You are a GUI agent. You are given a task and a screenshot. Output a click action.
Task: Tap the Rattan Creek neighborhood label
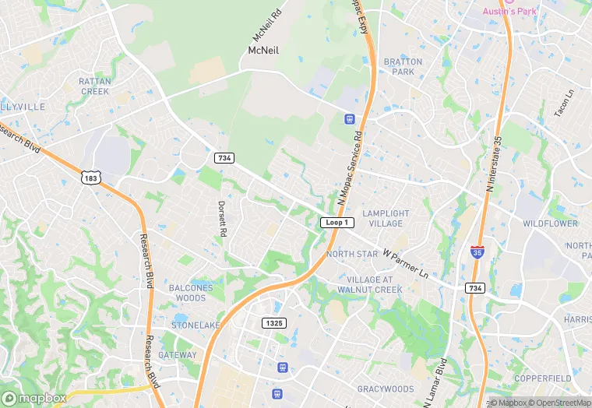point(94,86)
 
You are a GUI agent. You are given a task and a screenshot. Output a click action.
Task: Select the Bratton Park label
point(403,67)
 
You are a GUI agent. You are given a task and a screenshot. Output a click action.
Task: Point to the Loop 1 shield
point(337,223)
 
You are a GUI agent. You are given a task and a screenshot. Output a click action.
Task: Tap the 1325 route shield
point(274,323)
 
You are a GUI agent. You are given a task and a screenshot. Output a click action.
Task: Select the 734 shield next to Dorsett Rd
point(224,158)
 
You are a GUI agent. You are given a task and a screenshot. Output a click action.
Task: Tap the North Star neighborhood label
point(351,255)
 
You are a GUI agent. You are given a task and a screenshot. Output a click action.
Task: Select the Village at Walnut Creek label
point(375,285)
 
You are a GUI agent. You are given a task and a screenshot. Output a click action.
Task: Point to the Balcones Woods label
point(191,293)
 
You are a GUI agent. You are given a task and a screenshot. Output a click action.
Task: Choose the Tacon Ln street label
point(563,104)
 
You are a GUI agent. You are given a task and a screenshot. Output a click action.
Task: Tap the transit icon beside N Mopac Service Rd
point(350,119)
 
